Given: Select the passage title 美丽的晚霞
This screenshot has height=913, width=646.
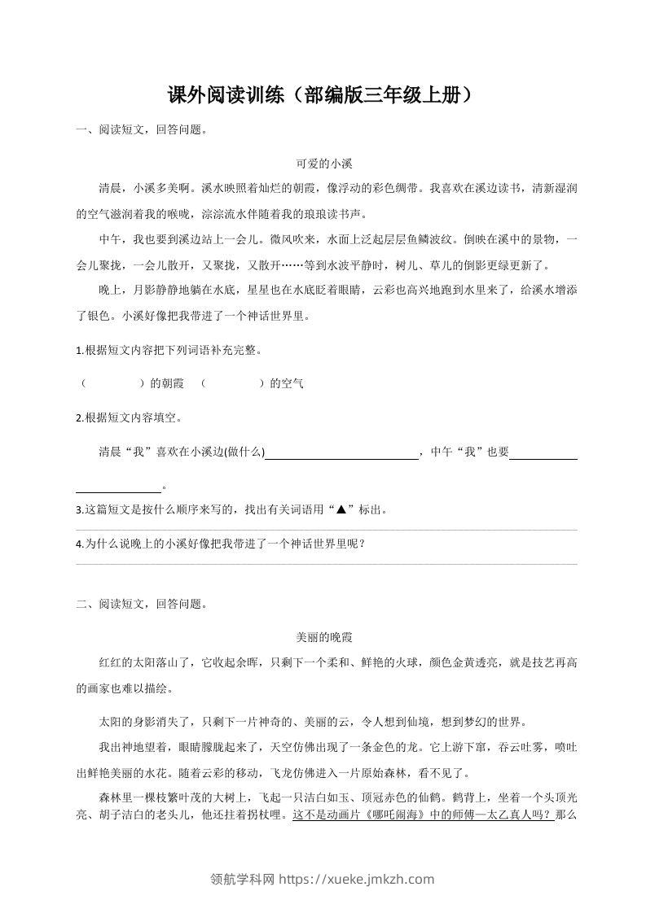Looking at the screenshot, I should (x=323, y=639).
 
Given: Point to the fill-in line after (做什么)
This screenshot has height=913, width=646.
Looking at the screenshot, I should (x=342, y=454).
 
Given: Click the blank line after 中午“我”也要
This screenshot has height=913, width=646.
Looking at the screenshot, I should (x=543, y=454).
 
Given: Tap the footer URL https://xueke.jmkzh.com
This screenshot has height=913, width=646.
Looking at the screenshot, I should (x=357, y=879).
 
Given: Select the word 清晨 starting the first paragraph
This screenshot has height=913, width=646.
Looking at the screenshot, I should (x=109, y=188).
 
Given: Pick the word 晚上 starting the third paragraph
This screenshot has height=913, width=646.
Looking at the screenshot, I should (x=109, y=290).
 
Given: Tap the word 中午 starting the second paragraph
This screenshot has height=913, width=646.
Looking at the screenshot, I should (x=109, y=239).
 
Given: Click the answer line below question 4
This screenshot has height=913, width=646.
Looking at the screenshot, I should (x=326, y=563).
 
